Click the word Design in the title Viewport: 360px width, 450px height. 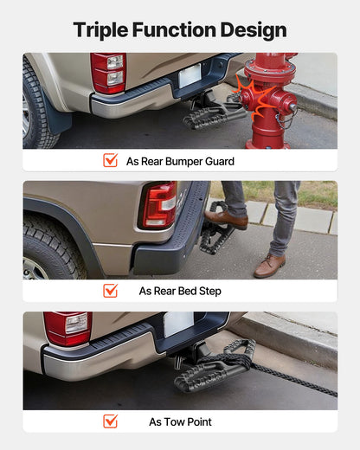point(253,29)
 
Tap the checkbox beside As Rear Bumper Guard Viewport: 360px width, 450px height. point(110,160)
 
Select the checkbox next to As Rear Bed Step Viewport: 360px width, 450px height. point(110,291)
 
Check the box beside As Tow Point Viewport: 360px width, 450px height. point(110,421)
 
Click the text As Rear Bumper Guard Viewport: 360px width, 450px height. point(180,161)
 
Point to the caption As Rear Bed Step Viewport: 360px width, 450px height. point(180,292)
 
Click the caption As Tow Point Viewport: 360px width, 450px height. point(180,422)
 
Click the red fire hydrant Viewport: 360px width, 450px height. point(268,100)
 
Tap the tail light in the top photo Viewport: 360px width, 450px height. point(108,73)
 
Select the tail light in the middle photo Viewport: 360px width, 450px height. point(159,205)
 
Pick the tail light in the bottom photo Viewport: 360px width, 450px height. point(67,328)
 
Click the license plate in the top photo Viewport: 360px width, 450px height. point(190,76)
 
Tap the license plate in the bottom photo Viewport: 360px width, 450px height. point(178,324)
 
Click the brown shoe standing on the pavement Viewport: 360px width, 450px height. point(270,265)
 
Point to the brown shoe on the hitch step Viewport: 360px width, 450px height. point(228,221)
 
